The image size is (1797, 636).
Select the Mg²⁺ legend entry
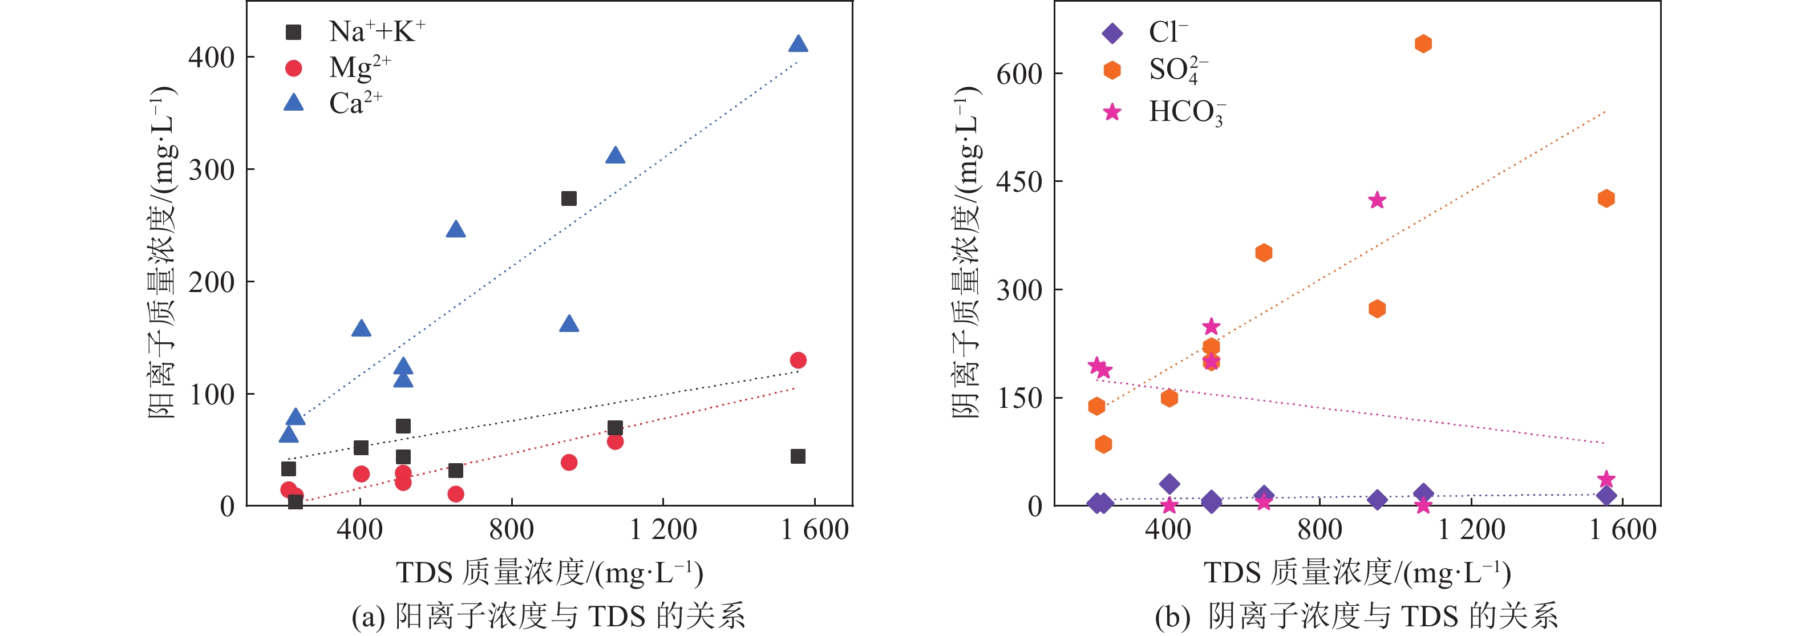pos(338,68)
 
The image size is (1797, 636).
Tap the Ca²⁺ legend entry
pos(334,103)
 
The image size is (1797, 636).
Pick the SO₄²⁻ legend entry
pos(1155,70)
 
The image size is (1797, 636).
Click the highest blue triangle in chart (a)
pos(798,44)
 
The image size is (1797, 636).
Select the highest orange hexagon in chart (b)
pos(1423,44)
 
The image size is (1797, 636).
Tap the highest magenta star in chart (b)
pos(1377,201)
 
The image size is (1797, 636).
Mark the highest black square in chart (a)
pos(569,199)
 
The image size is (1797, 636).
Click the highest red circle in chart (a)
pos(798,360)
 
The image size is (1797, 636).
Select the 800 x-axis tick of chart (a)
pos(511,530)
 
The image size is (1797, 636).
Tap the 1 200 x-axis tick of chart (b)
pos(1471,530)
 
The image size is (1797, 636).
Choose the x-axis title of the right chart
pos(1357,573)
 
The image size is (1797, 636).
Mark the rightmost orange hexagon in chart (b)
pos(1606,199)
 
